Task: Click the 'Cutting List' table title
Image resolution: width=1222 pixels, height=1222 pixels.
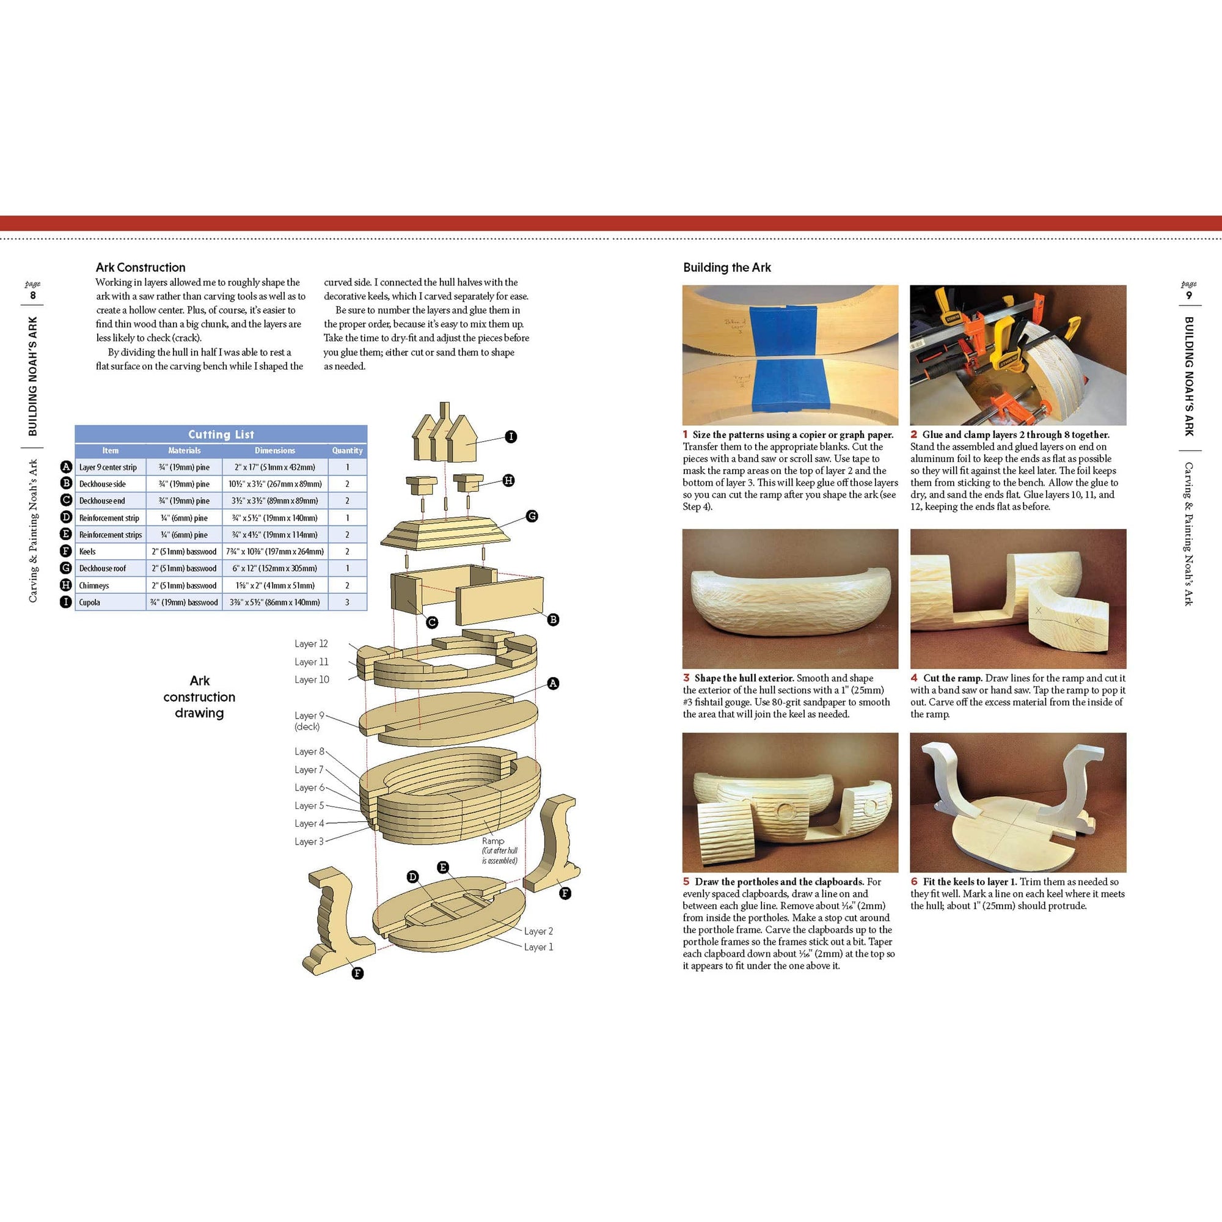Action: click(221, 434)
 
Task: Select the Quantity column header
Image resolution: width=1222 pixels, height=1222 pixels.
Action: click(347, 450)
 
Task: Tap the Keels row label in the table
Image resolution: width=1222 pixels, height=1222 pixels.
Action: click(87, 552)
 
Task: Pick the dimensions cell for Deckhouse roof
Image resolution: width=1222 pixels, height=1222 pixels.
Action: click(274, 568)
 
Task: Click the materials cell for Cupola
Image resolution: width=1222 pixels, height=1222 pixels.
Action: click(184, 602)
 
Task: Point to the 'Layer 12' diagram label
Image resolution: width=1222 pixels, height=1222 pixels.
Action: click(311, 644)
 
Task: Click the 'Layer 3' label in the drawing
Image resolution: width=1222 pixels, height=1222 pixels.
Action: click(309, 841)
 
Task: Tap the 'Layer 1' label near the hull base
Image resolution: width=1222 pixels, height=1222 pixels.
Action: click(538, 947)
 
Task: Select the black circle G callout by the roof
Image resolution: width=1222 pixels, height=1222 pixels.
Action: click(532, 516)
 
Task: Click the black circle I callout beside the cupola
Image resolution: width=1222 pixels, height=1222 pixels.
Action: click(511, 436)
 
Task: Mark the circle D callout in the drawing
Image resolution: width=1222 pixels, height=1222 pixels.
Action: click(413, 877)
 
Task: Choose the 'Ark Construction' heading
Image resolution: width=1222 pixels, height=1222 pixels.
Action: click(141, 268)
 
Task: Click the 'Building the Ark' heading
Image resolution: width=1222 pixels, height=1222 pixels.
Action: click(726, 268)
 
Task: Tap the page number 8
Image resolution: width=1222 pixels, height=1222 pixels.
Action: click(33, 295)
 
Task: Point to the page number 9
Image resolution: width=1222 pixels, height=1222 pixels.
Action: click(1189, 295)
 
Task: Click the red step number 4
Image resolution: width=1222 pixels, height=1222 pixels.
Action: click(914, 678)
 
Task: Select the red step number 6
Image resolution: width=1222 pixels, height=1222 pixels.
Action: click(914, 882)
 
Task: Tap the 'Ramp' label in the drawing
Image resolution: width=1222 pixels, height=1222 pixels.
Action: click(492, 841)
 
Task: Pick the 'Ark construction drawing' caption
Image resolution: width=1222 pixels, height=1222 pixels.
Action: click(199, 697)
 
